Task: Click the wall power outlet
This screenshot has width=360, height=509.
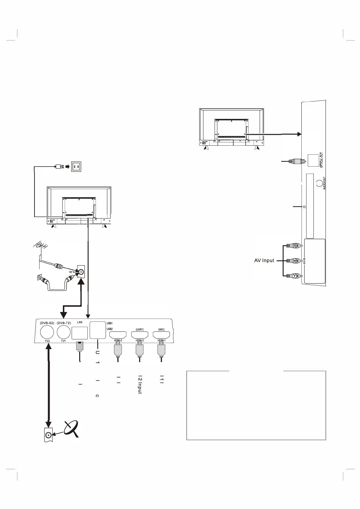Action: [76, 166]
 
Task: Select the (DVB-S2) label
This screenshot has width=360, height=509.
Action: [47, 323]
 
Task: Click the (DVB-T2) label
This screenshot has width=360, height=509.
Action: [63, 323]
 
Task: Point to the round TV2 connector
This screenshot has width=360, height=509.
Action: [47, 332]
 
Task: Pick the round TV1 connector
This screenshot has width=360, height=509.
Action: [63, 332]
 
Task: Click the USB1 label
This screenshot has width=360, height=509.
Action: [110, 323]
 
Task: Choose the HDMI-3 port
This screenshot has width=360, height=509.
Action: [118, 335]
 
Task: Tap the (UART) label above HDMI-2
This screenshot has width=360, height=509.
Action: [140, 329]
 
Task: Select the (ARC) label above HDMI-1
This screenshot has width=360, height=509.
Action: [161, 329]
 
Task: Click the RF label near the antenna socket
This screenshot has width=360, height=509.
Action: [71, 272]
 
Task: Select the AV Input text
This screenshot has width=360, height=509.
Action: [264, 261]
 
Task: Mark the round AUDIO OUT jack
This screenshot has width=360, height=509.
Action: [319, 183]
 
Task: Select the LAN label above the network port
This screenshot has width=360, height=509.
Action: [80, 322]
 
